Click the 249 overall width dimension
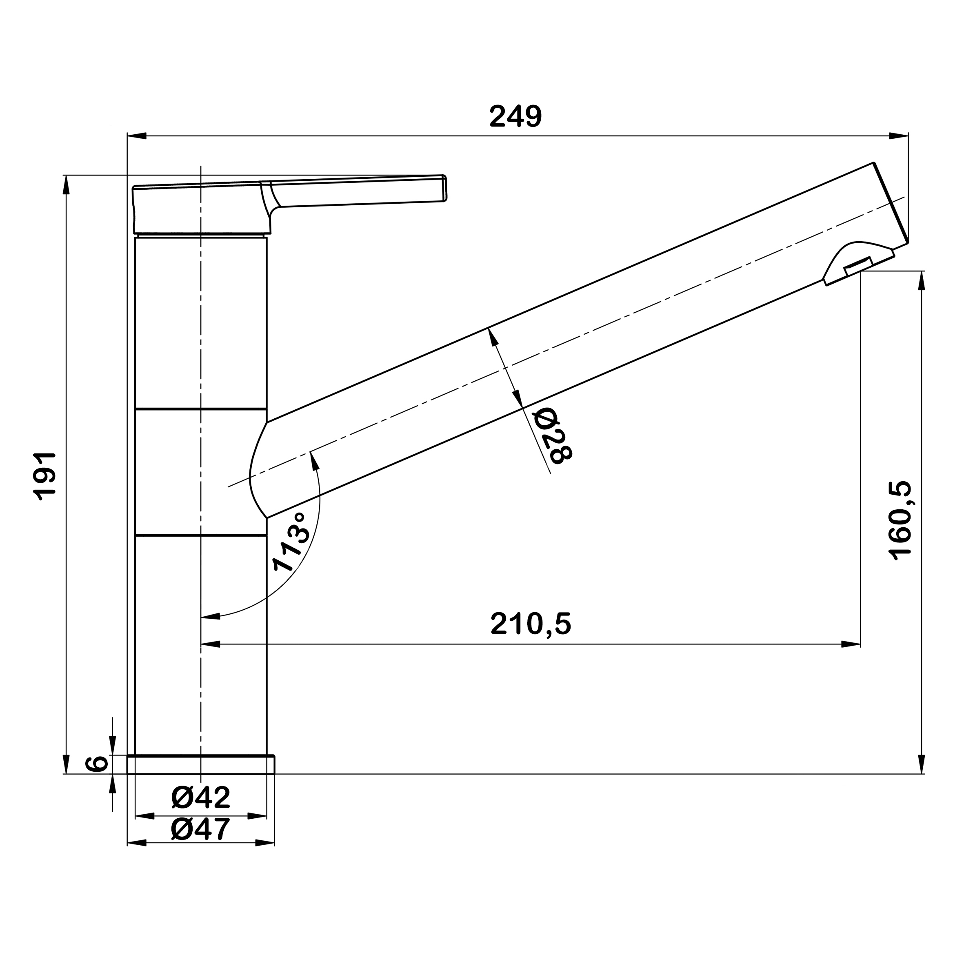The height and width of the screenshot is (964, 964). click(515, 116)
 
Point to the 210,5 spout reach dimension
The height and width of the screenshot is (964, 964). click(531, 624)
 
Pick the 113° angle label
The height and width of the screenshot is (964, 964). click(292, 541)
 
